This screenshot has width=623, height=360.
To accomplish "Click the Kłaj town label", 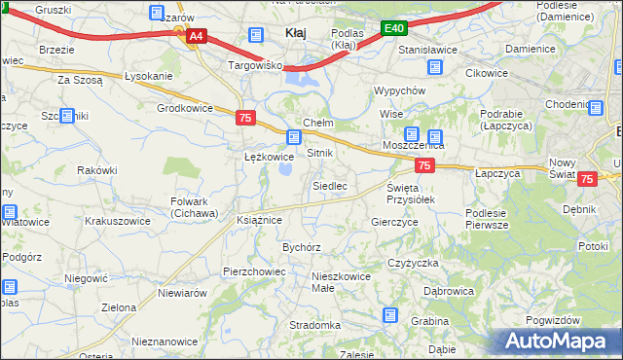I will pyautogui.click(x=295, y=33).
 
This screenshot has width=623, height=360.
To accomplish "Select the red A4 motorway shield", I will pyautogui.click(x=196, y=36).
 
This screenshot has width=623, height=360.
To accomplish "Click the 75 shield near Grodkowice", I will pyautogui.click(x=246, y=118).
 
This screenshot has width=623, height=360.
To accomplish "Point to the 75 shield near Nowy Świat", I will pyautogui.click(x=587, y=179).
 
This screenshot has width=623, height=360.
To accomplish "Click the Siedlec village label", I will pyautogui.click(x=330, y=185).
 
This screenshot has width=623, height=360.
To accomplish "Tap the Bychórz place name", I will pyautogui.click(x=302, y=247).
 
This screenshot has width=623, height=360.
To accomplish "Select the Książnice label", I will pyautogui.click(x=259, y=220).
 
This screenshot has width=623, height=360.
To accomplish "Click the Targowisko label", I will pyautogui.click(x=254, y=66).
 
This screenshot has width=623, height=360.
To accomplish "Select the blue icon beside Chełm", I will pyautogui.click(x=294, y=137).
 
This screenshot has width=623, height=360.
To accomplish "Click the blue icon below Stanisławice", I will pyautogui.click(x=435, y=67).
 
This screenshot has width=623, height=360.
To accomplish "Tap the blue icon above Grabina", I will pyautogui.click(x=390, y=314).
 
